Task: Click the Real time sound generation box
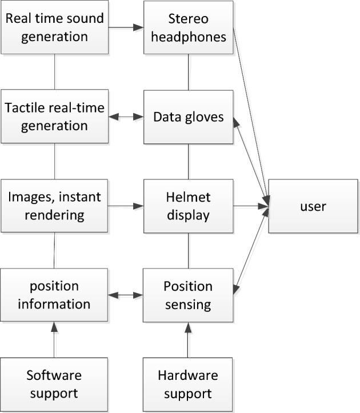click(x=54, y=27)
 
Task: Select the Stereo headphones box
click(x=188, y=27)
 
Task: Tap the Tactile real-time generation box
click(x=54, y=116)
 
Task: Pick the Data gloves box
click(x=188, y=117)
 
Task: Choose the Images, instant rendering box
click(x=54, y=206)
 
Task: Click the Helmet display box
click(x=188, y=206)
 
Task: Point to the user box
click(x=313, y=206)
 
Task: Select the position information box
click(x=54, y=295)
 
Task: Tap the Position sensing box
click(x=188, y=295)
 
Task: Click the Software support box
click(x=54, y=384)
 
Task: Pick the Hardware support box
click(x=188, y=384)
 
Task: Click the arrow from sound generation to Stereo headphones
click(x=125, y=27)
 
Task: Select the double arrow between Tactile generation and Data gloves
click(x=125, y=117)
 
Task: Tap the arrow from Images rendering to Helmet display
click(x=125, y=206)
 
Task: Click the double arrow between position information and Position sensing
click(x=125, y=295)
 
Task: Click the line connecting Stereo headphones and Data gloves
click(x=188, y=71)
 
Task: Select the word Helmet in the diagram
click(x=188, y=197)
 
